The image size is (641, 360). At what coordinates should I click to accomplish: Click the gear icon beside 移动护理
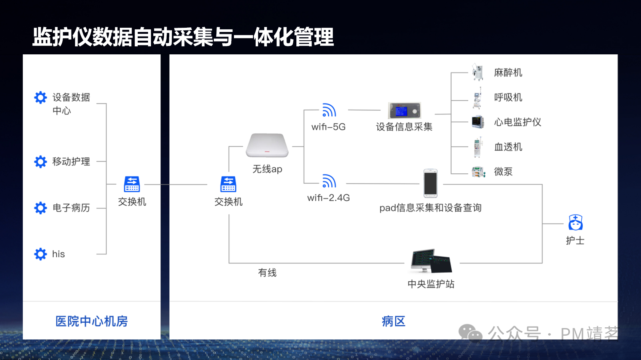(x=40, y=162)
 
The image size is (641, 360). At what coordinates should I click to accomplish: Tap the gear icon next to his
(x=40, y=254)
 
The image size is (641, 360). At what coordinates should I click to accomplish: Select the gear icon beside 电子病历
(x=40, y=208)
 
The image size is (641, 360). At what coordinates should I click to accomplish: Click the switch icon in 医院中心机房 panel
(x=132, y=184)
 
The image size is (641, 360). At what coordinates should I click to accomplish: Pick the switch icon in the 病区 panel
(x=228, y=184)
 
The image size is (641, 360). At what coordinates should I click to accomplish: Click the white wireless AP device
(x=267, y=145)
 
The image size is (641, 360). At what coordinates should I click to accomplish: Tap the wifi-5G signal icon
(x=329, y=110)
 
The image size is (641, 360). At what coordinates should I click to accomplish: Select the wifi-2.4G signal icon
(x=329, y=181)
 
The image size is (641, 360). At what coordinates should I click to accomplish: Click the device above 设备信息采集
(x=404, y=111)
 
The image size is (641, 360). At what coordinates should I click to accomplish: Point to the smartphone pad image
(x=430, y=183)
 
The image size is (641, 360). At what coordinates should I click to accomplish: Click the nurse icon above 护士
(x=575, y=223)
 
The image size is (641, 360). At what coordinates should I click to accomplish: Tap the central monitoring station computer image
(x=431, y=261)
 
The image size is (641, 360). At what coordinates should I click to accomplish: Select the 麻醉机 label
(x=508, y=73)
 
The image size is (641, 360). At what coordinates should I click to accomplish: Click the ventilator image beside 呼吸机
(x=477, y=98)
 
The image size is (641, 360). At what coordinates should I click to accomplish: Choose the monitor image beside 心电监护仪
(x=477, y=122)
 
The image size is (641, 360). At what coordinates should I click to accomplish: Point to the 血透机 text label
(x=508, y=147)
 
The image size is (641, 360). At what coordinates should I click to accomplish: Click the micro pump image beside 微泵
(x=478, y=172)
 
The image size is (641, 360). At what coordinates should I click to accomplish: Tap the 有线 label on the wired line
(x=267, y=273)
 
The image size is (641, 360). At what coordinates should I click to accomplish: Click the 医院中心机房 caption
(x=91, y=321)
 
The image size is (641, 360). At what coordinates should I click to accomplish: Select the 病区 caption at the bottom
(x=393, y=321)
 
